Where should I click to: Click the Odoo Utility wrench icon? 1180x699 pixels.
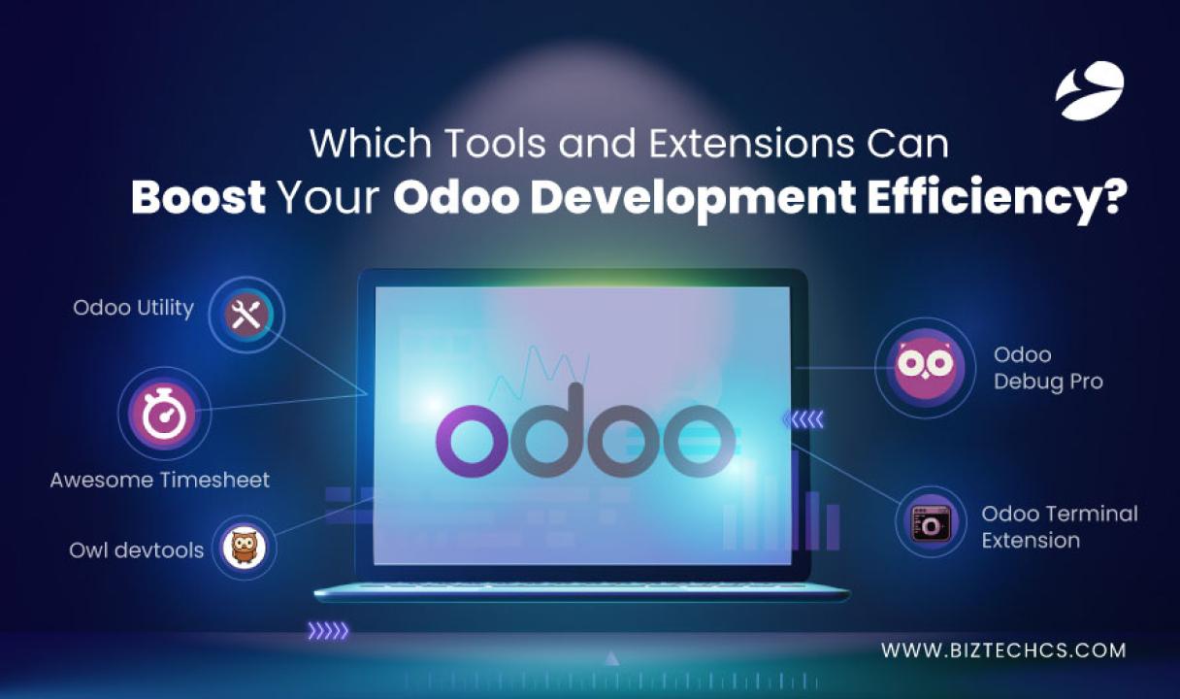pyautogui.click(x=246, y=315)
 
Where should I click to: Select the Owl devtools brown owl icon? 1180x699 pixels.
pyautogui.click(x=244, y=548)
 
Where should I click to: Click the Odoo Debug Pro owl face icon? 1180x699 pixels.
pyautogui.click(x=925, y=367)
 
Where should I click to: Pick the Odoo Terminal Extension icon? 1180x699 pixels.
pyautogui.click(x=931, y=522)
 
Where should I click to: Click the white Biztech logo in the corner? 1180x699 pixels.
pyautogui.click(x=1090, y=90)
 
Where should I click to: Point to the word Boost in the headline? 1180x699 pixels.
pyautogui.click(x=198, y=197)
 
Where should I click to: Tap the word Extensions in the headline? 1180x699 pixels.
pyautogui.click(x=751, y=143)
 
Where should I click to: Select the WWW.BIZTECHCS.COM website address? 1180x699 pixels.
pyautogui.click(x=1003, y=650)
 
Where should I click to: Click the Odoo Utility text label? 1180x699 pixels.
pyautogui.click(x=133, y=308)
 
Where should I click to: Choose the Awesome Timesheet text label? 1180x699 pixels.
pyautogui.click(x=159, y=480)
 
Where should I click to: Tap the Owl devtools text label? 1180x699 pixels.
pyautogui.click(x=136, y=550)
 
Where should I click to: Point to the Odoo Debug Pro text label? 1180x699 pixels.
pyautogui.click(x=1048, y=368)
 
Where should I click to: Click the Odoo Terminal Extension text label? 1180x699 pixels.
pyautogui.click(x=1060, y=526)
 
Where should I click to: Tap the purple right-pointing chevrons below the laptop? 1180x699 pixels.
pyautogui.click(x=328, y=630)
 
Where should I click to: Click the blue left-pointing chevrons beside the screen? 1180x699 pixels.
pyautogui.click(x=803, y=419)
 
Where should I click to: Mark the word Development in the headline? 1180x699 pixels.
pyautogui.click(x=625, y=199)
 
